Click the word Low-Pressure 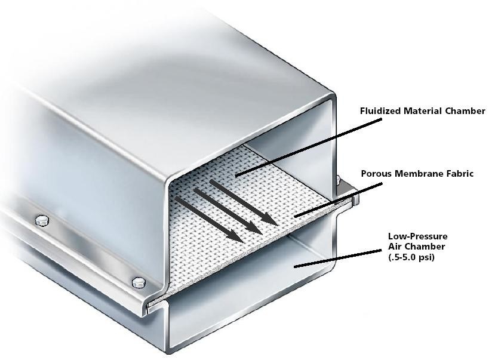(417, 236)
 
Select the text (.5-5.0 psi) (411, 257)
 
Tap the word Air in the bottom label (394, 247)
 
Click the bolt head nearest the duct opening (139, 282)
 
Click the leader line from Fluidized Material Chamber (308, 147)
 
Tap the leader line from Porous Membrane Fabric (338, 200)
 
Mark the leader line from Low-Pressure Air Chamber (337, 258)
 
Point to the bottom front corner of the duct (169, 351)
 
